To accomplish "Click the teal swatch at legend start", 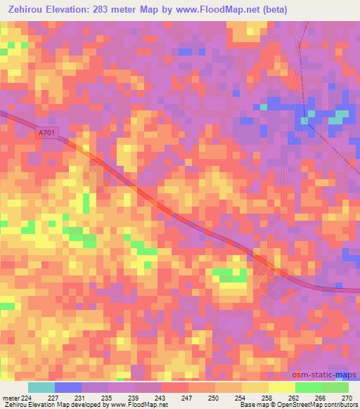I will [41, 387].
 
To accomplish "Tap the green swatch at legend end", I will [335, 387].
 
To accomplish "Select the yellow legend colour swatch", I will [281, 387].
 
